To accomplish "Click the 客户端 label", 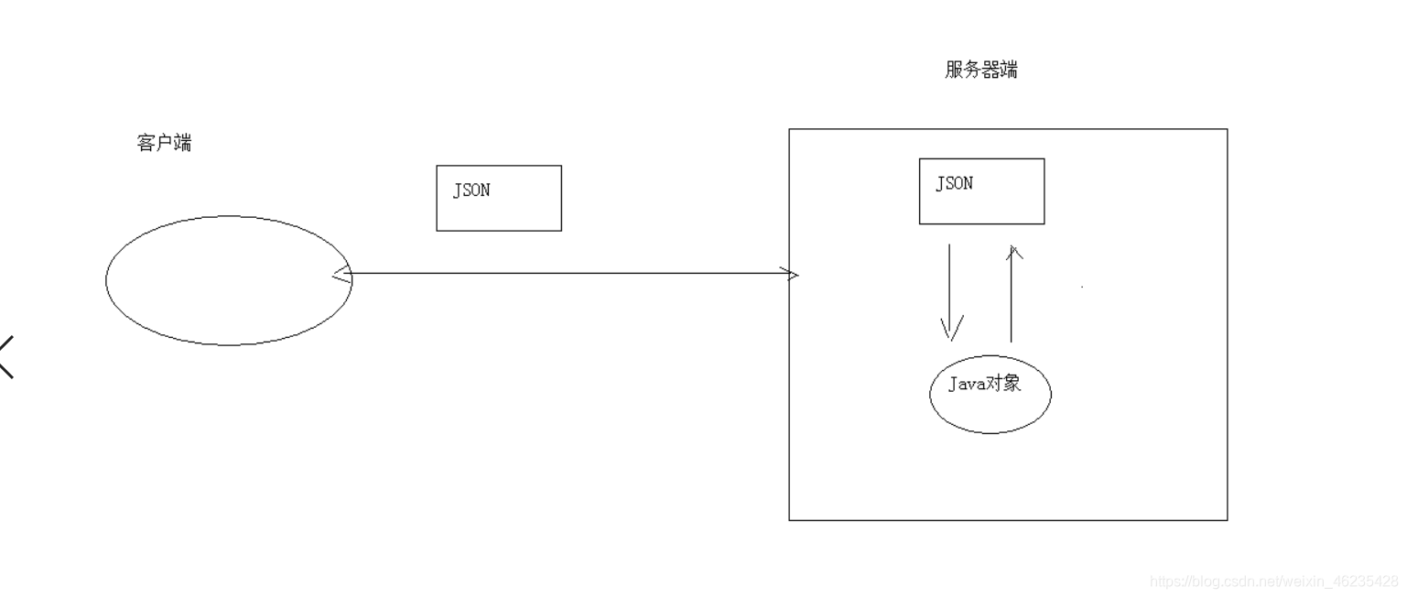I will pyautogui.click(x=164, y=143).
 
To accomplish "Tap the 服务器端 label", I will pyautogui.click(x=980, y=71).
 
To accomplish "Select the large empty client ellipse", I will pyautogui.click(x=228, y=280).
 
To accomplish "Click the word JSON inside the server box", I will pyautogui.click(x=954, y=183).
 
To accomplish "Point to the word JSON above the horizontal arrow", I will pyautogui.click(x=471, y=190).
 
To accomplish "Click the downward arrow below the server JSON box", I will pyautogui.click(x=949, y=288).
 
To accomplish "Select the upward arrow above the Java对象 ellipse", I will pyautogui.click(x=1012, y=293).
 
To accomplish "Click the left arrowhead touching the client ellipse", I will pyautogui.click(x=341, y=274).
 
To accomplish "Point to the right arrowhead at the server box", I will pyautogui.click(x=790, y=274).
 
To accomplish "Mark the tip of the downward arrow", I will pyautogui.click(x=950, y=337).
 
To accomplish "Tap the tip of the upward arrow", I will pyautogui.click(x=1012, y=245).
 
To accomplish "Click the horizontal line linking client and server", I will pyautogui.click(x=568, y=273).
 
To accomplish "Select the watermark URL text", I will pyautogui.click(x=1273, y=581).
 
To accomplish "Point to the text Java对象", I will pyautogui.click(x=983, y=385).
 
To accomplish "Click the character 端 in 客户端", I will pyautogui.click(x=183, y=143).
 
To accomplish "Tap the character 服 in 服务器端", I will pyautogui.click(x=953, y=71).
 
